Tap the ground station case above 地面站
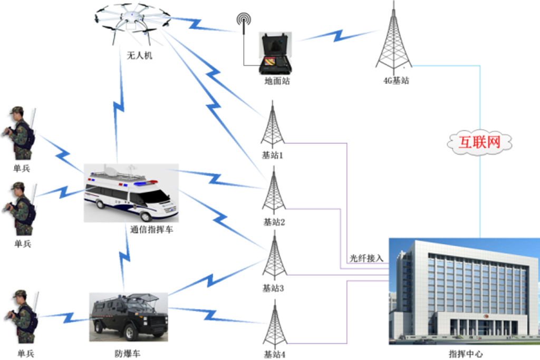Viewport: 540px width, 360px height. pyautogui.click(x=275, y=53)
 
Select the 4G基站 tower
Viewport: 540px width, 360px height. pyautogui.click(x=393, y=38)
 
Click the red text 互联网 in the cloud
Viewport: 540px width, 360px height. pyautogui.click(x=479, y=142)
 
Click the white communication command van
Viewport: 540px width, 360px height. pyautogui.click(x=131, y=193)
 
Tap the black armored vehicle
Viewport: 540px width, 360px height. pyautogui.click(x=129, y=317)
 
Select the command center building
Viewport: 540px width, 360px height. pyautogui.click(x=464, y=291)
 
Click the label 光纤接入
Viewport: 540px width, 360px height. pyautogui.click(x=367, y=258)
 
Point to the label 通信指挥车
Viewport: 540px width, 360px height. pyautogui.click(x=151, y=230)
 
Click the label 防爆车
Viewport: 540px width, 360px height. pyautogui.click(x=128, y=354)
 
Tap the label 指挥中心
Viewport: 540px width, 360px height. pyautogui.click(x=466, y=354)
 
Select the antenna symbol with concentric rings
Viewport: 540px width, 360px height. pyautogui.click(x=244, y=21)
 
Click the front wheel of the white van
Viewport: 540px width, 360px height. pyautogui.click(x=146, y=216)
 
